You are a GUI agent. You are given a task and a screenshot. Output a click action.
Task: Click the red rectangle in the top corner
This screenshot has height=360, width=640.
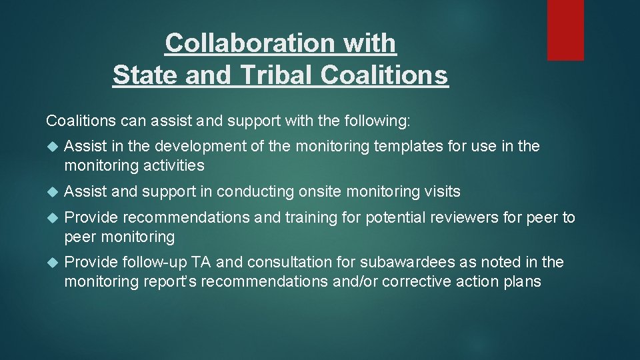565,30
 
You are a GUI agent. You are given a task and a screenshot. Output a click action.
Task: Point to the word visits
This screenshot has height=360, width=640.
442,192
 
